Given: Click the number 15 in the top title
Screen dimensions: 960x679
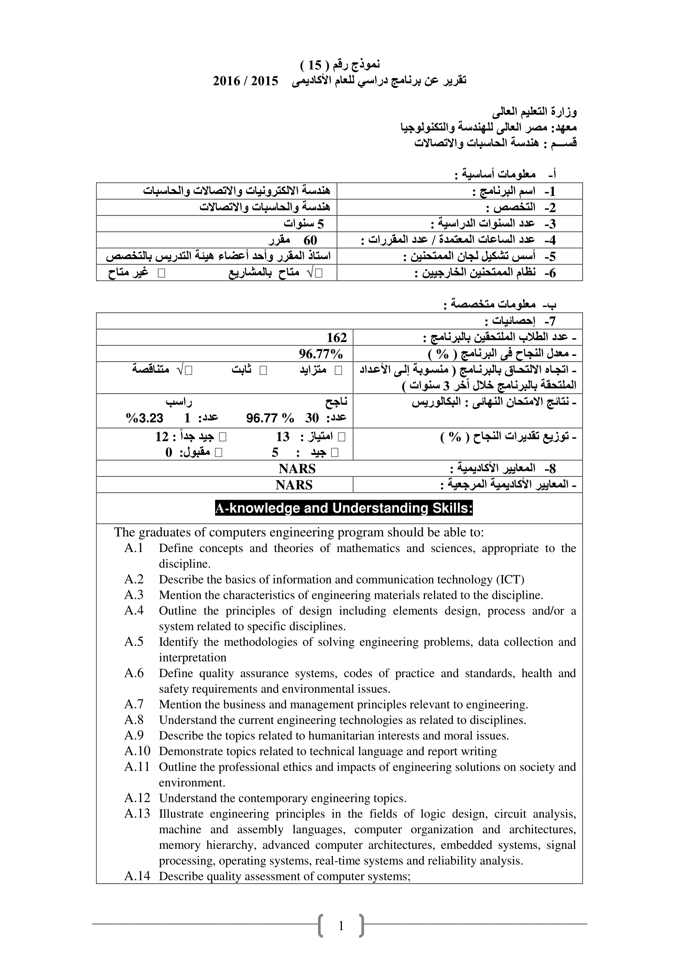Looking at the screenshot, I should coord(315,65).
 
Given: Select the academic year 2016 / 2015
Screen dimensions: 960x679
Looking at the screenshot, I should coord(245,81).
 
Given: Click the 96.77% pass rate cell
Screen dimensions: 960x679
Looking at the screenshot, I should coord(321,354).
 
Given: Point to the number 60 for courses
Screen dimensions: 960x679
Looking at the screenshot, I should coord(310,240).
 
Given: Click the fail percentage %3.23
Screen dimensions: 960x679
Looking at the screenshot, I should coord(145,418).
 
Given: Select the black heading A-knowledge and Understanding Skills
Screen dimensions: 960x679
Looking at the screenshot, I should coord(344,508).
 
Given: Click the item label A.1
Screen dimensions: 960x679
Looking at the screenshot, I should coord(134,548).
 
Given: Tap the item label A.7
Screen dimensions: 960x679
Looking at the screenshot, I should coord(134,705).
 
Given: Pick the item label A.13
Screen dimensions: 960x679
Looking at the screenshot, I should coord(137,814).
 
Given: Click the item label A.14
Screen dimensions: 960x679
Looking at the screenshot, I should coord(137,876).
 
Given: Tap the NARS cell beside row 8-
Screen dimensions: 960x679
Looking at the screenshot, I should coord(297,469).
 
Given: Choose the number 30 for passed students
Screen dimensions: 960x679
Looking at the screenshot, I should coord(312,418).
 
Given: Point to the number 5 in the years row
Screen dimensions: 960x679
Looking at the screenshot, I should coord(321,224).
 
